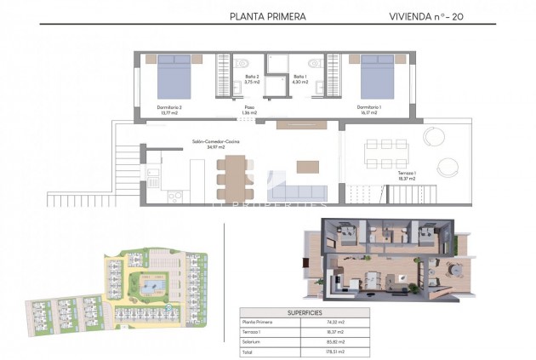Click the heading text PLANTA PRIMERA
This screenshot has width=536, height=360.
tap(268, 16)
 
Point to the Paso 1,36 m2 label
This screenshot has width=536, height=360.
tap(249, 110)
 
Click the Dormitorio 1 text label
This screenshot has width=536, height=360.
tap(368, 109)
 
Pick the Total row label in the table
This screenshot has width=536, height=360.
tap(249, 352)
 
